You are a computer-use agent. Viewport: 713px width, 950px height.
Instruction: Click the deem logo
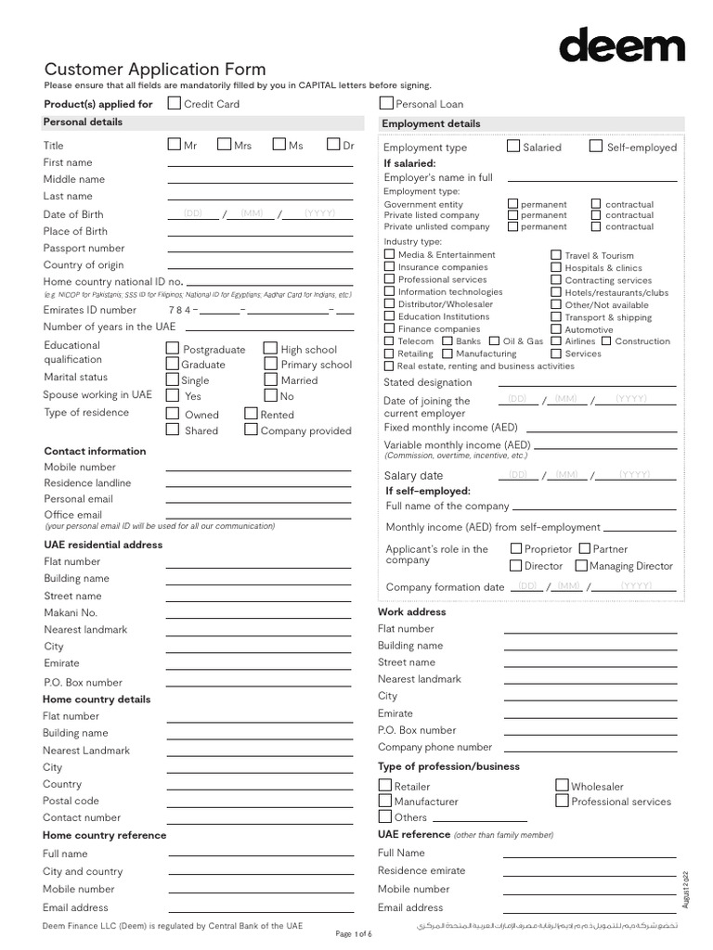tap(621, 45)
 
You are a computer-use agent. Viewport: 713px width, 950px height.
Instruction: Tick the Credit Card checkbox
tap(174, 103)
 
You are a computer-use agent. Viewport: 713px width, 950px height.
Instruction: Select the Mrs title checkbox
tap(224, 144)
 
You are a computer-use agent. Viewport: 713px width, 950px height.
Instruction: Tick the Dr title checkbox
tap(334, 144)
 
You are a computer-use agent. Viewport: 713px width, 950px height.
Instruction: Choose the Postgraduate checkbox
tap(173, 349)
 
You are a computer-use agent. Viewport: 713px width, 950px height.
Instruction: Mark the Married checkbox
tap(270, 379)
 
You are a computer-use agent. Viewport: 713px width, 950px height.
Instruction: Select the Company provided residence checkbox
tap(251, 430)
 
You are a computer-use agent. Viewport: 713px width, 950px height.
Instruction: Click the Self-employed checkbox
tap(596, 146)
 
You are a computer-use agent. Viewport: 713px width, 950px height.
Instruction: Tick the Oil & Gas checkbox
tap(494, 340)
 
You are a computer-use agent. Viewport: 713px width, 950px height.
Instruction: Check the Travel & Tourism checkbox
tap(555, 255)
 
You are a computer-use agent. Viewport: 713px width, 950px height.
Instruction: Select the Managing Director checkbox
tap(580, 565)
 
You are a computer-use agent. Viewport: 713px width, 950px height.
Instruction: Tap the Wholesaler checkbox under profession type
tap(563, 785)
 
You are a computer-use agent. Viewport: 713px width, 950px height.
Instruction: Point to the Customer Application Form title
tap(155, 69)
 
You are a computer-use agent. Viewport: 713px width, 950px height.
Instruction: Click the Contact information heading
tap(96, 451)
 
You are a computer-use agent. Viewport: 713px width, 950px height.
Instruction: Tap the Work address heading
tap(411, 611)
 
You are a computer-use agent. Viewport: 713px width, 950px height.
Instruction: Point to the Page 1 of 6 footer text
tap(353, 933)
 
